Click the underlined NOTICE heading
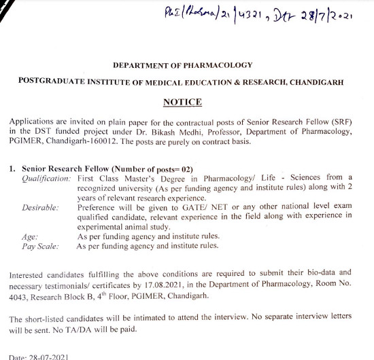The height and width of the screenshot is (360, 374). [183, 102]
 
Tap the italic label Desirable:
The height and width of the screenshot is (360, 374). [40, 206]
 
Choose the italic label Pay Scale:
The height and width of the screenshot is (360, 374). [39, 246]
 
